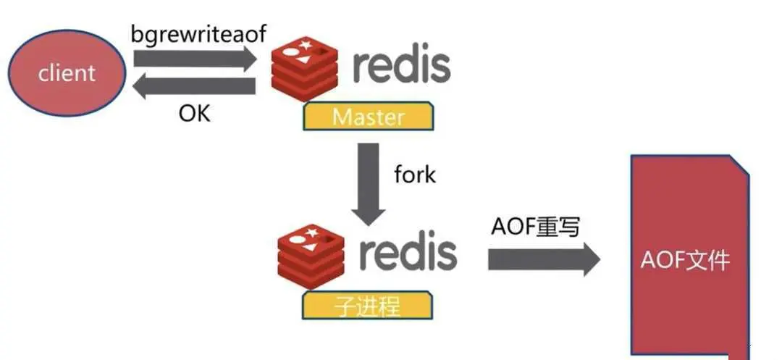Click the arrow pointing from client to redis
point(192,59)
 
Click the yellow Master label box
point(369,117)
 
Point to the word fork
point(415,174)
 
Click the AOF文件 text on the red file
point(684,259)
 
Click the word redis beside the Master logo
point(401,67)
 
